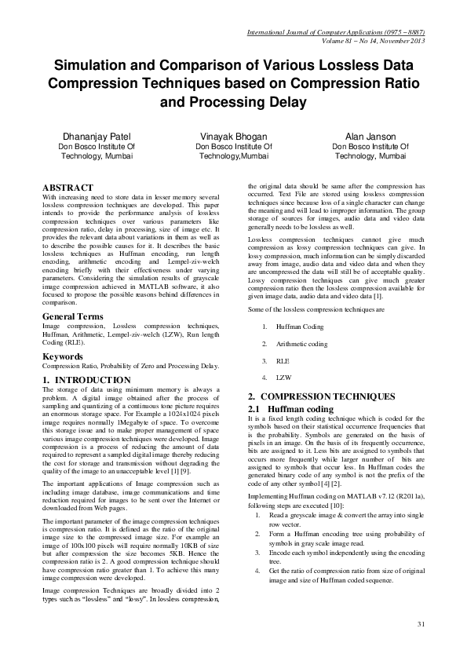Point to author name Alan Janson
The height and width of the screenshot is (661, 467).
(x=360, y=136)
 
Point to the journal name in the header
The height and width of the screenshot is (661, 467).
(x=336, y=33)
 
